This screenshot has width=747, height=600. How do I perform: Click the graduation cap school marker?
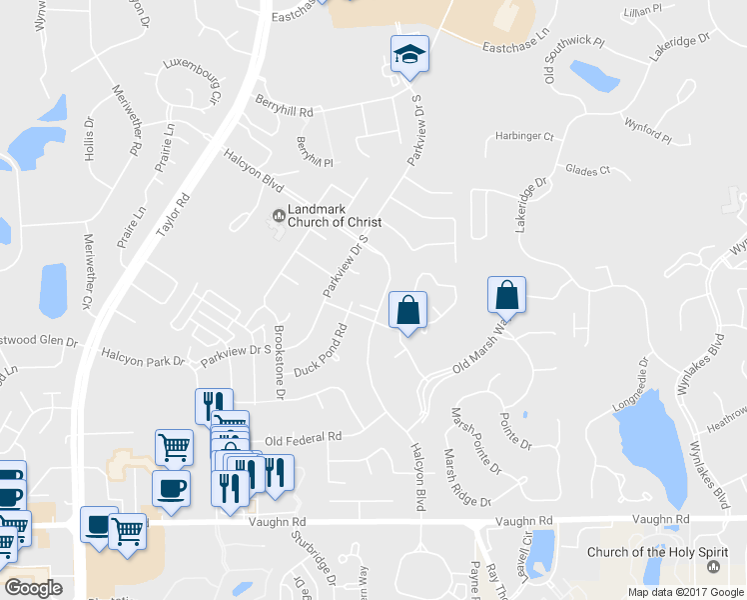[409, 55]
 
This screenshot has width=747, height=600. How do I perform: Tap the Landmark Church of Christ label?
[328, 216]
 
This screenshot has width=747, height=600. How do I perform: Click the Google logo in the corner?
[33, 588]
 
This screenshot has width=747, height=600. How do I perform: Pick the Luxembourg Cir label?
[192, 77]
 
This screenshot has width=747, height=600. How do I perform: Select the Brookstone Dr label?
[279, 362]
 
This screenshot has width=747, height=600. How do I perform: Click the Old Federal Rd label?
[304, 438]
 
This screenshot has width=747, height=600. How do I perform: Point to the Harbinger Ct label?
[524, 135]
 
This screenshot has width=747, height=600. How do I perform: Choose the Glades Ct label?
[586, 171]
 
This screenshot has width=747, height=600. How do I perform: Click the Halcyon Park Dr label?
[144, 356]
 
